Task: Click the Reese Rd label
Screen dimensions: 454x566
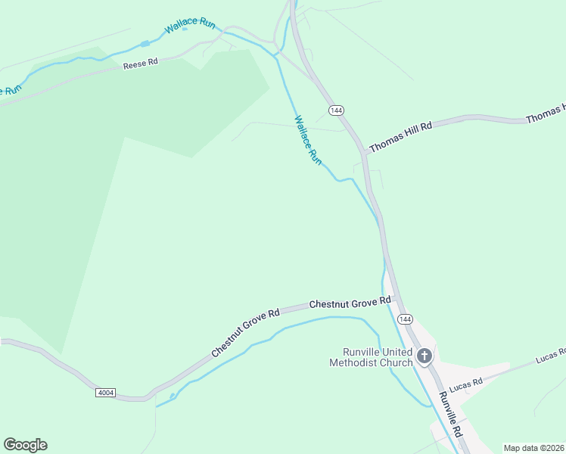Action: (141, 64)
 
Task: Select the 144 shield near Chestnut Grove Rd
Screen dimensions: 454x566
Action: (405, 319)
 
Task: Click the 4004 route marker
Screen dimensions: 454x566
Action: (106, 393)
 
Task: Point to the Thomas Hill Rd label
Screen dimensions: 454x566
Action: (400, 137)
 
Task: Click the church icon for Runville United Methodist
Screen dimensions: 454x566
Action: (424, 356)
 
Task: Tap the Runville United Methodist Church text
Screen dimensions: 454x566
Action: (371, 357)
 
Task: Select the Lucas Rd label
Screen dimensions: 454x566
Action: (465, 385)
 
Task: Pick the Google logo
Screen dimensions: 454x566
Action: (25, 445)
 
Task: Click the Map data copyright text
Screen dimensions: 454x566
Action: (533, 448)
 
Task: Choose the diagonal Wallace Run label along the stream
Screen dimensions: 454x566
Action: (308, 140)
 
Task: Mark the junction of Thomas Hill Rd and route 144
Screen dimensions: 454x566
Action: (365, 152)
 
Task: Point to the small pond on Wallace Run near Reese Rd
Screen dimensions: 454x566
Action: (145, 43)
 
